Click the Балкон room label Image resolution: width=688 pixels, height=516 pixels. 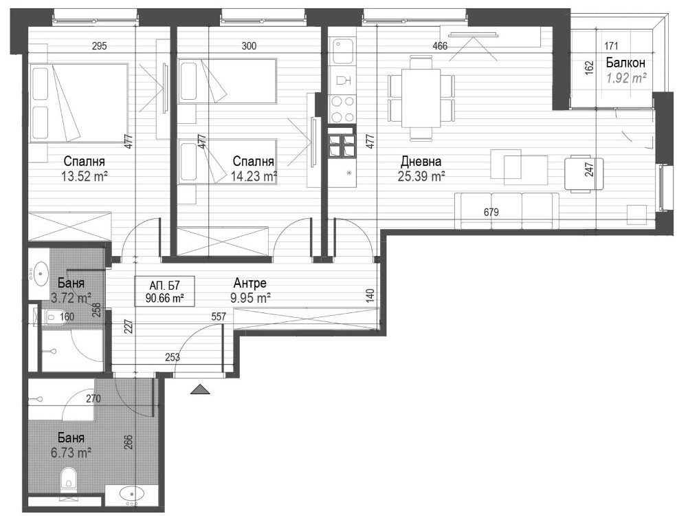[x=625, y=63]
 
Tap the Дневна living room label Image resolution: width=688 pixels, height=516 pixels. [x=421, y=161]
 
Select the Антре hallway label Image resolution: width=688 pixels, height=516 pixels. [x=250, y=283]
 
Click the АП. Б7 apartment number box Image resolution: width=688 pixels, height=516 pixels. [x=164, y=291]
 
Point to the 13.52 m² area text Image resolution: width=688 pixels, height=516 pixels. [x=85, y=176]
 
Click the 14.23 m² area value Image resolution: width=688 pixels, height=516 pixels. [x=254, y=176]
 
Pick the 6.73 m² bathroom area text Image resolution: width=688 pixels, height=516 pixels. [x=71, y=452]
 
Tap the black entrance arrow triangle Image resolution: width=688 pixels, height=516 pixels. [x=200, y=389]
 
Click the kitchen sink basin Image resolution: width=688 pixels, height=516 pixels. [x=343, y=51]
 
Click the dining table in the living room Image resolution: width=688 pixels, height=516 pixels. [x=421, y=98]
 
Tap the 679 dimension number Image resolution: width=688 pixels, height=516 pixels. [x=491, y=213]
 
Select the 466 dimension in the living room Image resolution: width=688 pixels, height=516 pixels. [x=440, y=45]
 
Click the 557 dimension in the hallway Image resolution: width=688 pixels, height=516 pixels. [x=219, y=316]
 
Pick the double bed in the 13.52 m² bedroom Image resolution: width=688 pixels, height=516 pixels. [x=78, y=103]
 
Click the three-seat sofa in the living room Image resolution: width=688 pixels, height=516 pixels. [x=507, y=211]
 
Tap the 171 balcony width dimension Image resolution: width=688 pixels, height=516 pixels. [x=611, y=45]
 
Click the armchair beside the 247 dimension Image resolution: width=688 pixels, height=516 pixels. [x=584, y=174]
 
